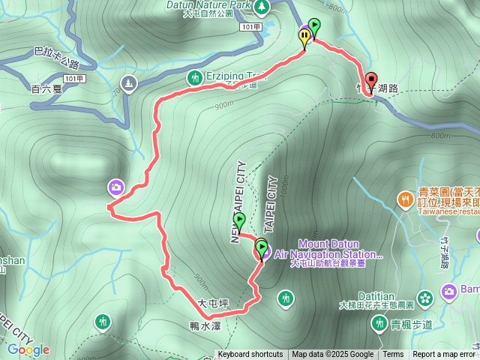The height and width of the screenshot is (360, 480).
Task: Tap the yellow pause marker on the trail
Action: pyautogui.click(x=304, y=35)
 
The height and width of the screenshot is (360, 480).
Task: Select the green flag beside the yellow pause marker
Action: pyautogui.click(x=313, y=27)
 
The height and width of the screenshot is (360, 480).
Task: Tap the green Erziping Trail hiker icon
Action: pyautogui.click(x=195, y=77)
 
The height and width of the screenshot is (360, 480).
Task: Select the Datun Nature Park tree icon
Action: pyautogui.click(x=261, y=7)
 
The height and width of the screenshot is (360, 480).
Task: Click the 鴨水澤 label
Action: pyautogui.click(x=205, y=325)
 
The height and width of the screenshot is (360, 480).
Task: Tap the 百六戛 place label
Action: pyautogui.click(x=46, y=89)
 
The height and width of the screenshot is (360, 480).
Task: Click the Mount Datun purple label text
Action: pyautogui.click(x=328, y=244)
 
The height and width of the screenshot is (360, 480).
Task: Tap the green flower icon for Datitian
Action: pyautogui.click(x=425, y=298)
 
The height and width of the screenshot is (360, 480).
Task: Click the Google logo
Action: pyautogui.click(x=28, y=349)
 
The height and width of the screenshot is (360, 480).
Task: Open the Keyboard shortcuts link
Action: pyautogui.click(x=250, y=355)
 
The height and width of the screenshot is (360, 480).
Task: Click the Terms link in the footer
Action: pyautogui.click(x=393, y=355)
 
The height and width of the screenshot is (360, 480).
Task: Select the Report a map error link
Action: pyautogui.click(x=444, y=355)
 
